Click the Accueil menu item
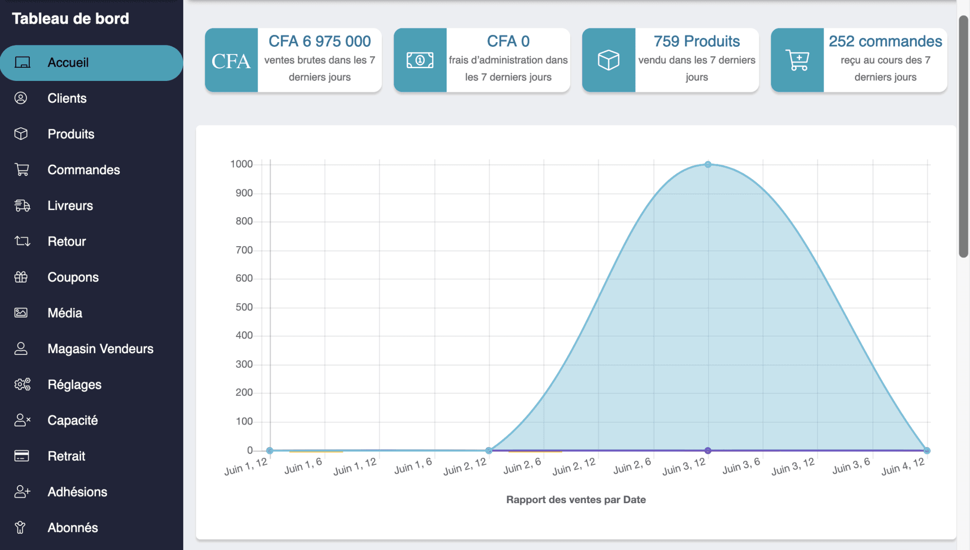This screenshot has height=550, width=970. click(x=68, y=62)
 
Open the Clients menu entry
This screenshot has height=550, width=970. click(x=67, y=98)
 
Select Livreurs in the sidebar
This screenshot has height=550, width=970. click(x=70, y=205)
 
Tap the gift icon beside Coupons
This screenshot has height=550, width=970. click(x=21, y=277)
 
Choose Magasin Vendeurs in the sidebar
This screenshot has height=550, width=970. click(x=100, y=349)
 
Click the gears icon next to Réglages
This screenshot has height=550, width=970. click(x=22, y=384)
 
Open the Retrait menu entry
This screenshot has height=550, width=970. click(x=66, y=456)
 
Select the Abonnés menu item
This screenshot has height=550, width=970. click(x=72, y=527)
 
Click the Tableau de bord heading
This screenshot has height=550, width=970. click(x=70, y=18)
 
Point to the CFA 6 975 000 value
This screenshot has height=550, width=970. click(x=319, y=41)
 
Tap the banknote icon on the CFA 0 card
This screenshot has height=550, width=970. click(x=420, y=60)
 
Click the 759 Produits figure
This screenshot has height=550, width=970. click(x=696, y=41)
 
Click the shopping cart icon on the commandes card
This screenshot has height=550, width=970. click(x=797, y=60)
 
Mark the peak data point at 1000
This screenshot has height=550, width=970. click(x=708, y=165)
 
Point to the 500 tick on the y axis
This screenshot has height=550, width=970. click(x=244, y=307)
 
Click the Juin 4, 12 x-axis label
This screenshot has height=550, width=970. click(x=903, y=467)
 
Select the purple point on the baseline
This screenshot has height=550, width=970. click(x=708, y=450)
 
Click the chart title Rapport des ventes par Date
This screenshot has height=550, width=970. click(x=575, y=499)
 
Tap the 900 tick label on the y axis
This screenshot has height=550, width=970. click(x=244, y=193)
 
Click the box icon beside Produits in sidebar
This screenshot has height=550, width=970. click(x=21, y=134)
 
